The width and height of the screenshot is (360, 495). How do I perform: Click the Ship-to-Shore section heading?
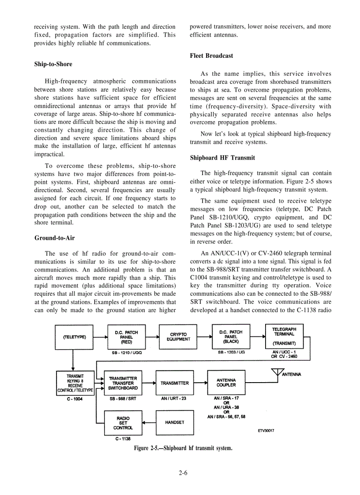[x=53, y=64]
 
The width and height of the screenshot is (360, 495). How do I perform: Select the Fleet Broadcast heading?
[x=211, y=56]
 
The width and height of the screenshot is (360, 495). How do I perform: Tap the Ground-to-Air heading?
[x=54, y=238]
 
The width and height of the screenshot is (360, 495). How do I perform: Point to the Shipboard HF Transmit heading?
[x=222, y=157]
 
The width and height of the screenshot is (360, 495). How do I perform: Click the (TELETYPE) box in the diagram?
[x=75, y=337]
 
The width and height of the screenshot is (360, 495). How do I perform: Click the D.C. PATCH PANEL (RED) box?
[x=126, y=337]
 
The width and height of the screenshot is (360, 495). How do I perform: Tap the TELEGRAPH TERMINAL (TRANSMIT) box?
[x=284, y=336]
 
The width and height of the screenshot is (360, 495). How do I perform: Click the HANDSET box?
[x=174, y=422]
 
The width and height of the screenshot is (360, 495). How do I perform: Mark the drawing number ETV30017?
[x=266, y=431]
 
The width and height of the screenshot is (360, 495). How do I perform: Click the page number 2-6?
[x=184, y=473]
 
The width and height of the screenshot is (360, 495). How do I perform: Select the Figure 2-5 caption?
[x=183, y=448]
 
